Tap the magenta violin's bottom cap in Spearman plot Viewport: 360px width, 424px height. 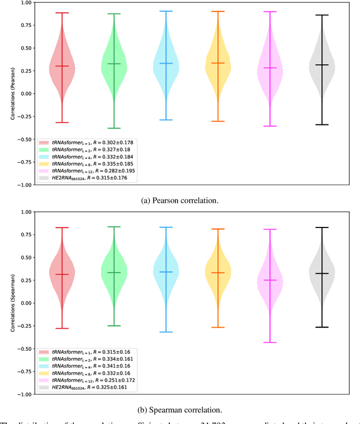click(x=270, y=342)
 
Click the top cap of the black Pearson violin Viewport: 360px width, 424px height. click(x=321, y=15)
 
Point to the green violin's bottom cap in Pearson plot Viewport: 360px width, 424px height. click(x=114, y=128)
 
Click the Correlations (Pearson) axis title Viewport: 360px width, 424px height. click(x=12, y=93)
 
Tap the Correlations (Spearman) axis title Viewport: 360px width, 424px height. click(x=12, y=303)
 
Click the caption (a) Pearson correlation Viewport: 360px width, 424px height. click(x=179, y=198)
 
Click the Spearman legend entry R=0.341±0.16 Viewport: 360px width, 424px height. click(x=90, y=365)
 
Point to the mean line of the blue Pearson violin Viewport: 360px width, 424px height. click(x=166, y=63)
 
